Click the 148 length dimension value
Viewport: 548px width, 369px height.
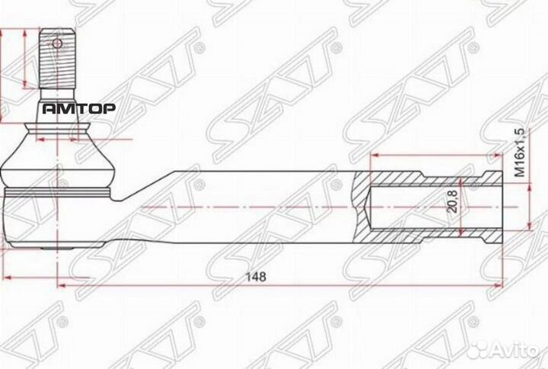coord(257,278)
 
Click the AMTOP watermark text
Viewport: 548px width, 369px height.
coord(78,108)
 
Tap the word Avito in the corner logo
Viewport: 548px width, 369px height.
coord(515,349)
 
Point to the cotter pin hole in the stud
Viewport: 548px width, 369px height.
coord(58,43)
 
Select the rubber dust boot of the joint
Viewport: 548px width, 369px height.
coord(58,156)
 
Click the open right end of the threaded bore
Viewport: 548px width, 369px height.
coord(501,207)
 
